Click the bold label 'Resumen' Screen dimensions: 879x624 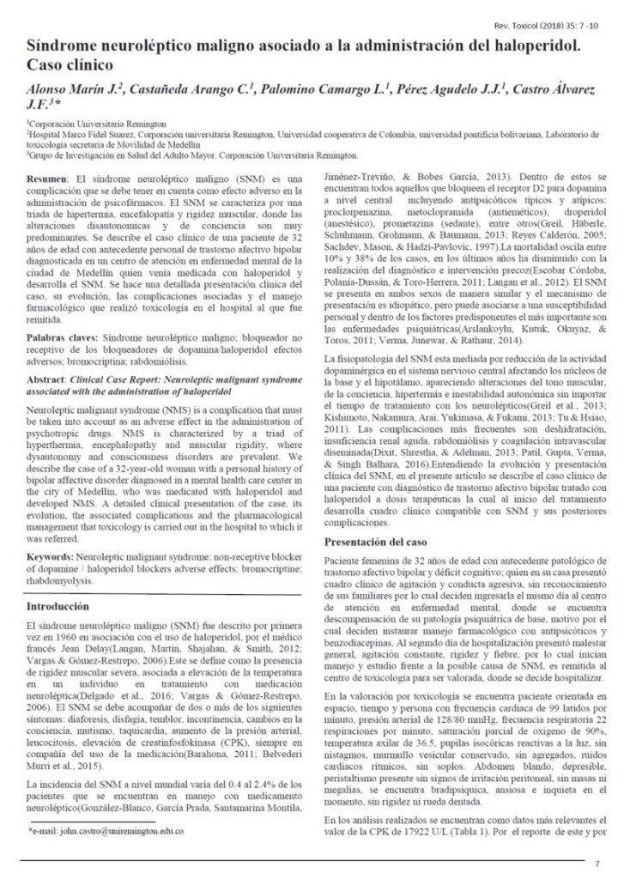tap(45, 175)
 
